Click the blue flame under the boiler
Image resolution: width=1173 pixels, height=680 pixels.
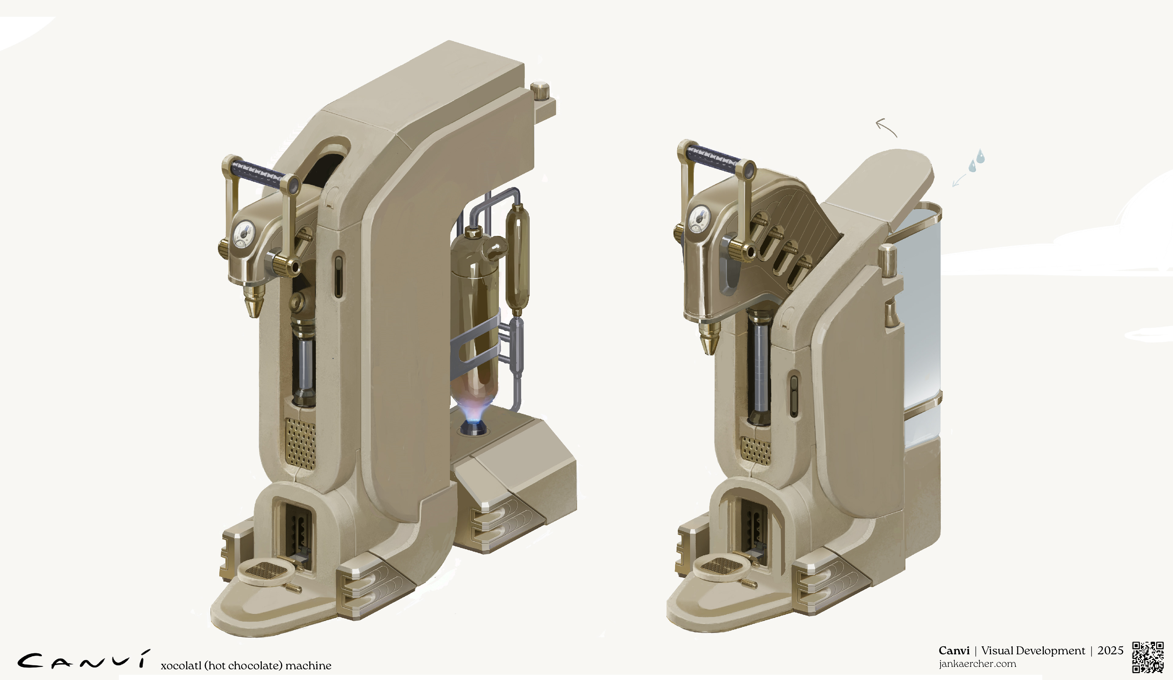point(473,412)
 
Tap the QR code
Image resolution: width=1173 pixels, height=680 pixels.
point(1148,657)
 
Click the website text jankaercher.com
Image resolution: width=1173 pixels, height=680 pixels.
point(977,664)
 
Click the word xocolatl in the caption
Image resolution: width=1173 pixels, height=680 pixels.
point(181,666)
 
